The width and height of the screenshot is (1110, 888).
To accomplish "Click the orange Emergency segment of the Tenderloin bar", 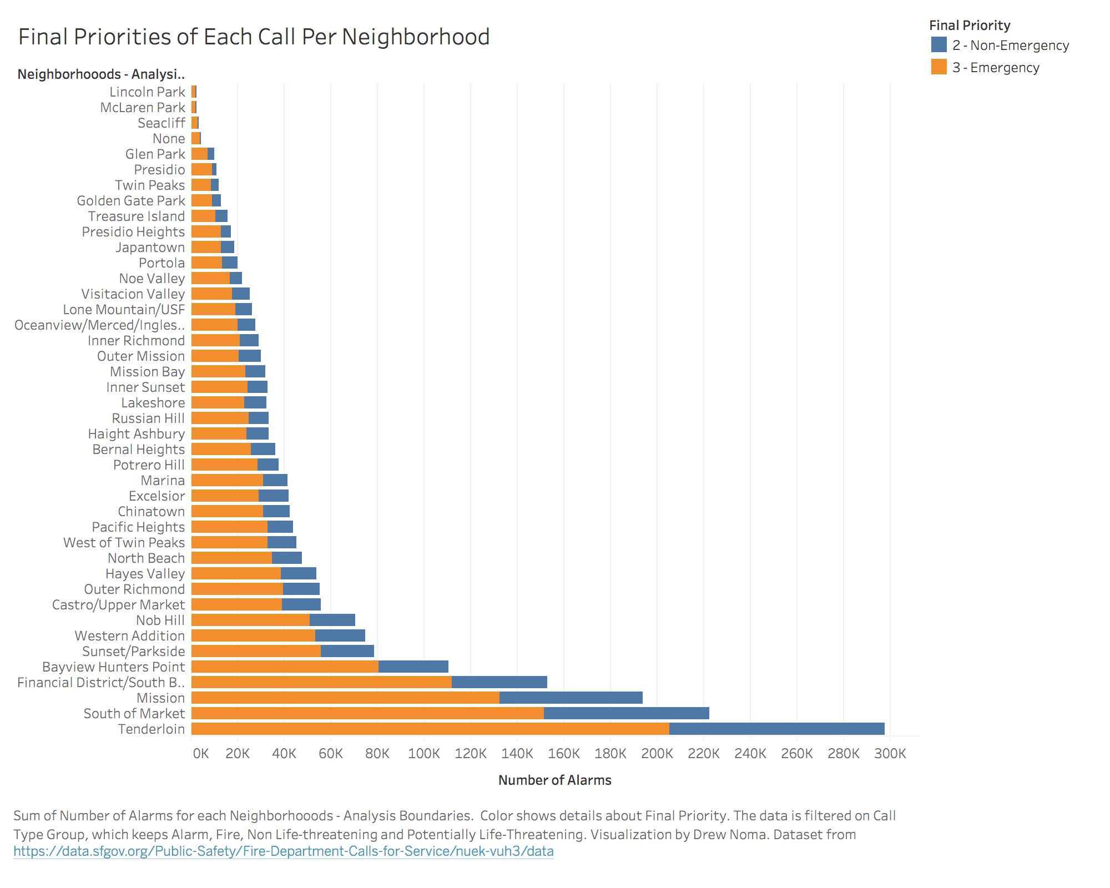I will coord(430,729).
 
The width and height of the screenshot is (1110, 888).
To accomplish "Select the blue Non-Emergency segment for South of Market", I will coord(626,714).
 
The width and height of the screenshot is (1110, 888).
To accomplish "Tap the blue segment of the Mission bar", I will coord(571,698).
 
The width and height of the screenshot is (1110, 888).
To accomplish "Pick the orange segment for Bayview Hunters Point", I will coord(285,667).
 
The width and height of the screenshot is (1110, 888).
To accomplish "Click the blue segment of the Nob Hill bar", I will coord(332,620).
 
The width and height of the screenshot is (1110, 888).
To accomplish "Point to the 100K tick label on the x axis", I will coord(424,754).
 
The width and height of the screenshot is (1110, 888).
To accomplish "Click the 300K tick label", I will coord(890,754).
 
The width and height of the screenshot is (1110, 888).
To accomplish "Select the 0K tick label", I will coord(200,754).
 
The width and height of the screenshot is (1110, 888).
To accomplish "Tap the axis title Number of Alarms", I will coord(554,780).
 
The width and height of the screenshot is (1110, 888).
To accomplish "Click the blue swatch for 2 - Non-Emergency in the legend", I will coord(939,45).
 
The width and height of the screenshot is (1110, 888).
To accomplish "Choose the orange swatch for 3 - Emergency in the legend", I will coord(939,67).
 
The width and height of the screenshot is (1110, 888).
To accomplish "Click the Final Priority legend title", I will coord(970,26).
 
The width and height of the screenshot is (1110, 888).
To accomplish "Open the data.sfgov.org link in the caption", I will coord(284,851).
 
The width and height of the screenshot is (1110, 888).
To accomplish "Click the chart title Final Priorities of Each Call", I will coord(254,37).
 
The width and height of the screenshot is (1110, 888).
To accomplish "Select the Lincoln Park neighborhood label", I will coord(147,92).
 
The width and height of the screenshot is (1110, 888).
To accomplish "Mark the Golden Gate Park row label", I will coord(130,201).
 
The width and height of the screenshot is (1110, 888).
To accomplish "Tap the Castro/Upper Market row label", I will coord(118,605).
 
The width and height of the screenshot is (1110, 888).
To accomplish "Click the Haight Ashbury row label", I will coord(136,434).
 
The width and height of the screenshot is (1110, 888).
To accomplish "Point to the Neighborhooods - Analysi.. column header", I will coord(101,74).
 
